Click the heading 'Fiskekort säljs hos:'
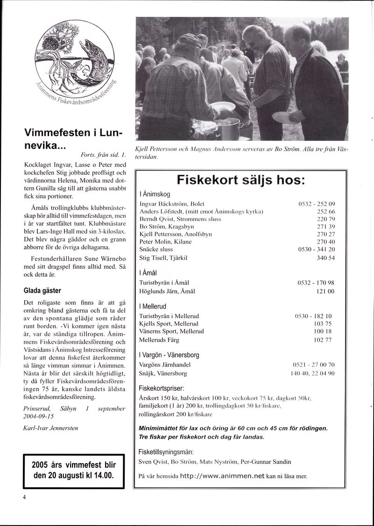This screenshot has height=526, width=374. coord(241,180)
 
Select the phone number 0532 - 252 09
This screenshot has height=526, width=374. coord(317,204)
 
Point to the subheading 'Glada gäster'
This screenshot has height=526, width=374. coord(42,291)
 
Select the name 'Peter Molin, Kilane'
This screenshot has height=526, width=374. coord(165,242)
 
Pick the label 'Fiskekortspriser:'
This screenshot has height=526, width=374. coord(162,388)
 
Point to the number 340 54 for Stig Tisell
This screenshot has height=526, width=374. coord(325,258)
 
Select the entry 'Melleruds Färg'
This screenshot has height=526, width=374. coord(159,340)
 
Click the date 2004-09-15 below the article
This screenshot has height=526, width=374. coord(39,417)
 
